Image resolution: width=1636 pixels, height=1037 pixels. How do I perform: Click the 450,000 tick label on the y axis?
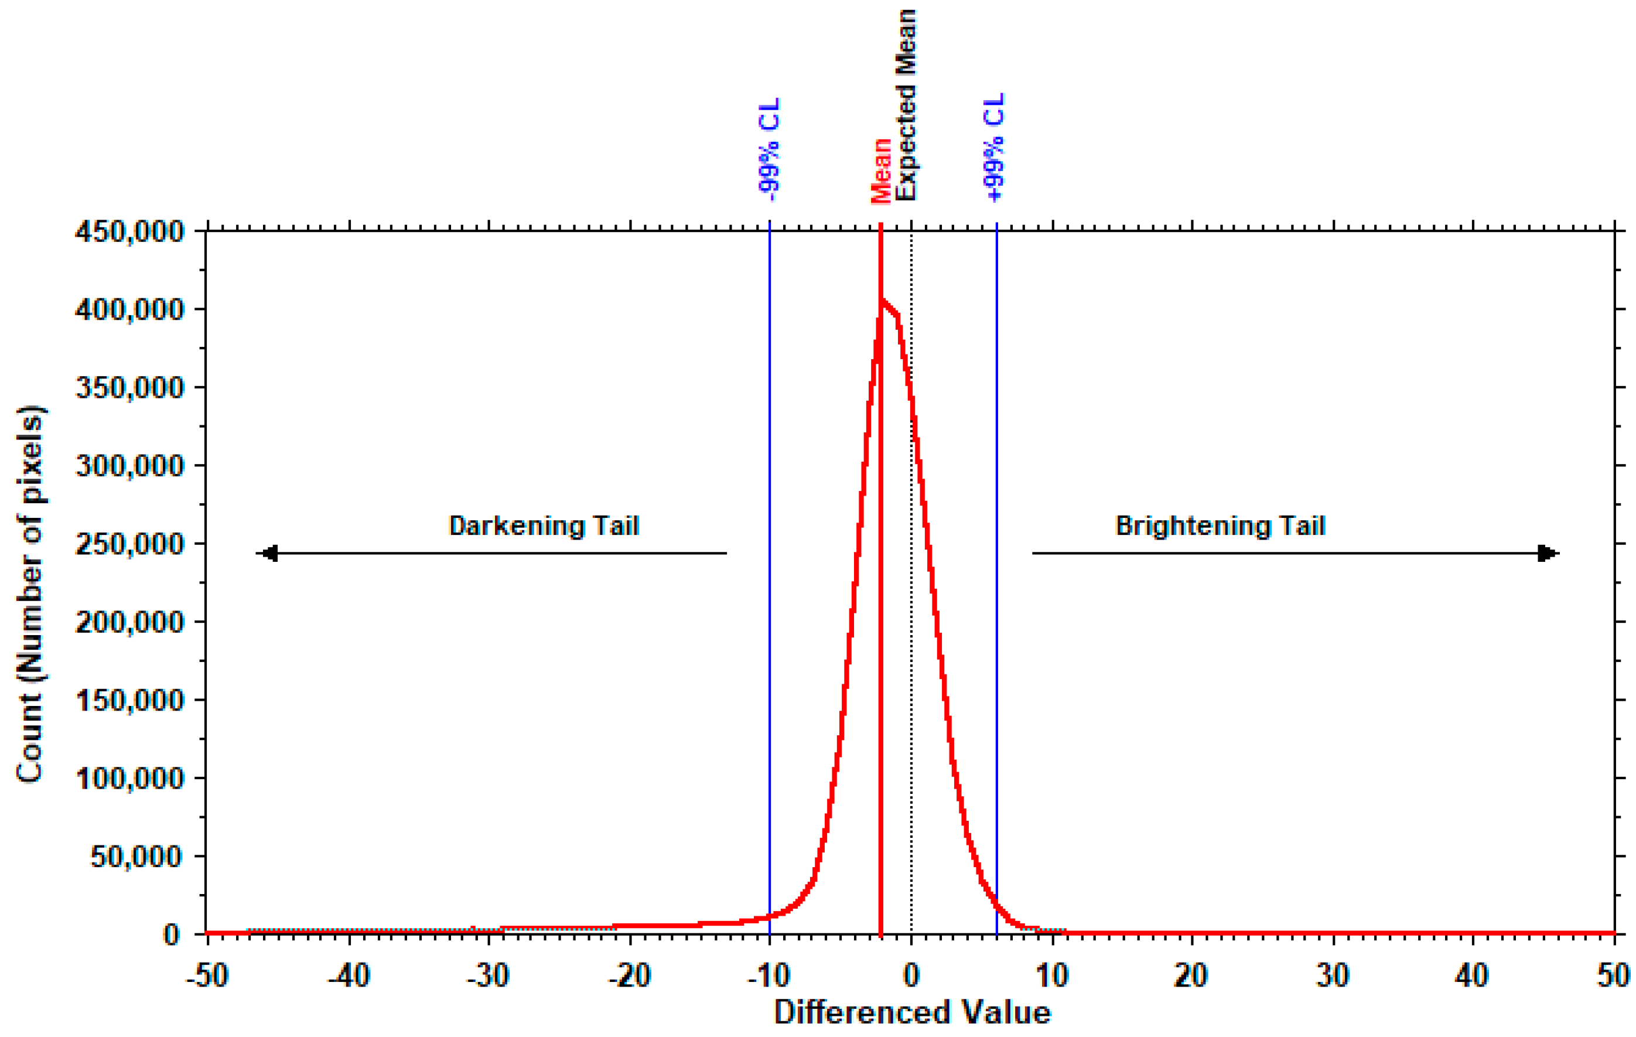[129, 232]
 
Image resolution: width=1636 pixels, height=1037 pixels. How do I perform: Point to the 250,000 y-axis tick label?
[129, 544]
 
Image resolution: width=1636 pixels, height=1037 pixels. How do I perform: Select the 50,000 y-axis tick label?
[136, 857]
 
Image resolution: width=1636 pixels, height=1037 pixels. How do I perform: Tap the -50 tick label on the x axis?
[207, 976]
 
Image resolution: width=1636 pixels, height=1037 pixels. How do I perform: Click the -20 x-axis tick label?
[629, 976]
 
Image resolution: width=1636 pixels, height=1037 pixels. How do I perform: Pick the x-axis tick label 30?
[1333, 976]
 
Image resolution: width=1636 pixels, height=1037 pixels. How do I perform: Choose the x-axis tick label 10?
[1053, 976]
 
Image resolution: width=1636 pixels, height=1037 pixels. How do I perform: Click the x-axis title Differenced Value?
[912, 1012]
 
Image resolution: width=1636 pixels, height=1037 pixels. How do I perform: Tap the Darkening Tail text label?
[544, 526]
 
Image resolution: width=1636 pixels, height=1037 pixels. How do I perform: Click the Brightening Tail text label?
[1220, 526]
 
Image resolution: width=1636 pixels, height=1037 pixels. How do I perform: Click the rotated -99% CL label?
[770, 149]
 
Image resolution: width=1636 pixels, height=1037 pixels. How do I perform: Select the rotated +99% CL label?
[994, 148]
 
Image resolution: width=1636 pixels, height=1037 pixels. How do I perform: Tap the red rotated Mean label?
[881, 170]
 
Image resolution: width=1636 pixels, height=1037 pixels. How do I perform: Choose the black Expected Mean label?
[905, 105]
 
